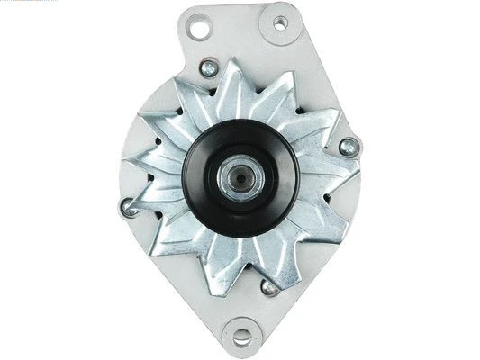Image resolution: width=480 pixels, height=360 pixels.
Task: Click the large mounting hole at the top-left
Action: [x=199, y=28]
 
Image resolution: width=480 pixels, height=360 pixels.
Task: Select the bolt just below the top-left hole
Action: [x=210, y=67]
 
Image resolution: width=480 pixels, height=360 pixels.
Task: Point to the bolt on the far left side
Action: [x=128, y=209]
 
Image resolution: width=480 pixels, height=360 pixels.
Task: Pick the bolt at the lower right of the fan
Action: [x=267, y=288]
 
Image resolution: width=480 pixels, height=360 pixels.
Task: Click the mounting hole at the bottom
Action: [x=240, y=338]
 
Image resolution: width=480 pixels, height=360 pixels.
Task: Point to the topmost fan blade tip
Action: [x=229, y=61]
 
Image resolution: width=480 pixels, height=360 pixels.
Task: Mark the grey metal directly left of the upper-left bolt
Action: [x=192, y=70]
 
